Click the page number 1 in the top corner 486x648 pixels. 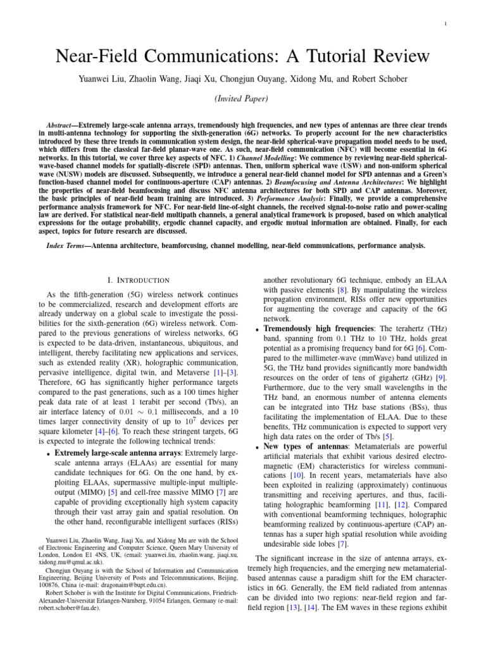click(445, 25)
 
